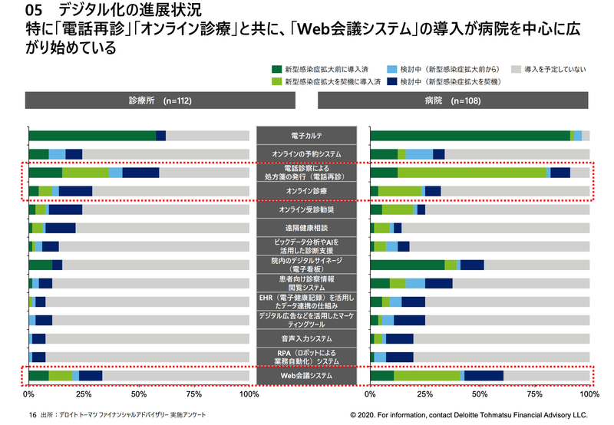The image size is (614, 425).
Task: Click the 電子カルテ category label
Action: (305, 136)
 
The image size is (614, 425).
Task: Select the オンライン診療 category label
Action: (305, 190)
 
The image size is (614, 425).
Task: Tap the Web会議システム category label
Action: (305, 376)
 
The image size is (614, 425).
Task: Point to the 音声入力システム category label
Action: (305, 338)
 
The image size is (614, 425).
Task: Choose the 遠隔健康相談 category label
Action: (305, 228)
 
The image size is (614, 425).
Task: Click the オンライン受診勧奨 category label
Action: (305, 209)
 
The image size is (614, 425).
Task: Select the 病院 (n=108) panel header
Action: (452, 100)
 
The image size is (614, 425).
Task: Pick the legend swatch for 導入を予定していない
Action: (517, 69)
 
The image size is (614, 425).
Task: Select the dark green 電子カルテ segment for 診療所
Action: (92, 136)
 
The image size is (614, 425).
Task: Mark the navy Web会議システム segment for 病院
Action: (484, 376)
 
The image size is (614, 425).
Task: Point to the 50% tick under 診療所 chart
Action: (139, 394)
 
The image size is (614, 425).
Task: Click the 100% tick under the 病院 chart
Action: (589, 394)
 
